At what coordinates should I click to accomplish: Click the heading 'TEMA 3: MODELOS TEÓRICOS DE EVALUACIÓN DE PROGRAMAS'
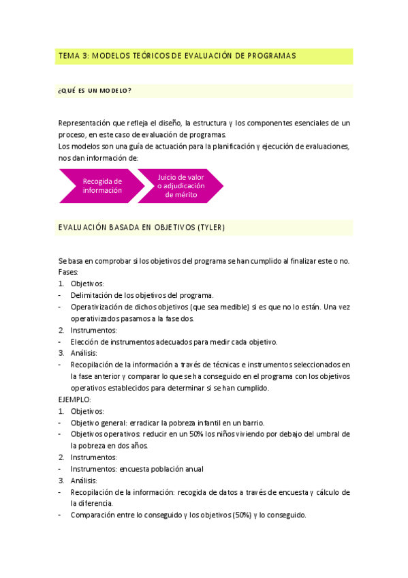pos(176,57)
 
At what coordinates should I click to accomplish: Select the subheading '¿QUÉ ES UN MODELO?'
pos(95,91)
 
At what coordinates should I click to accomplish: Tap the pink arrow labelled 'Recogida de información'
pos(102,185)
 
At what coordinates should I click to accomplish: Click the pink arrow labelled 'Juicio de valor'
pos(181,185)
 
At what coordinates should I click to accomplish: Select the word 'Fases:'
pos(69,272)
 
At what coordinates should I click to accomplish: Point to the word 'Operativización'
pos(97,307)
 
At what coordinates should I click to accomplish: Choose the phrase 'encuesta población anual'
pos(161,469)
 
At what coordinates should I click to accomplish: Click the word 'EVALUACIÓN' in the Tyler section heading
pos(84,227)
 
